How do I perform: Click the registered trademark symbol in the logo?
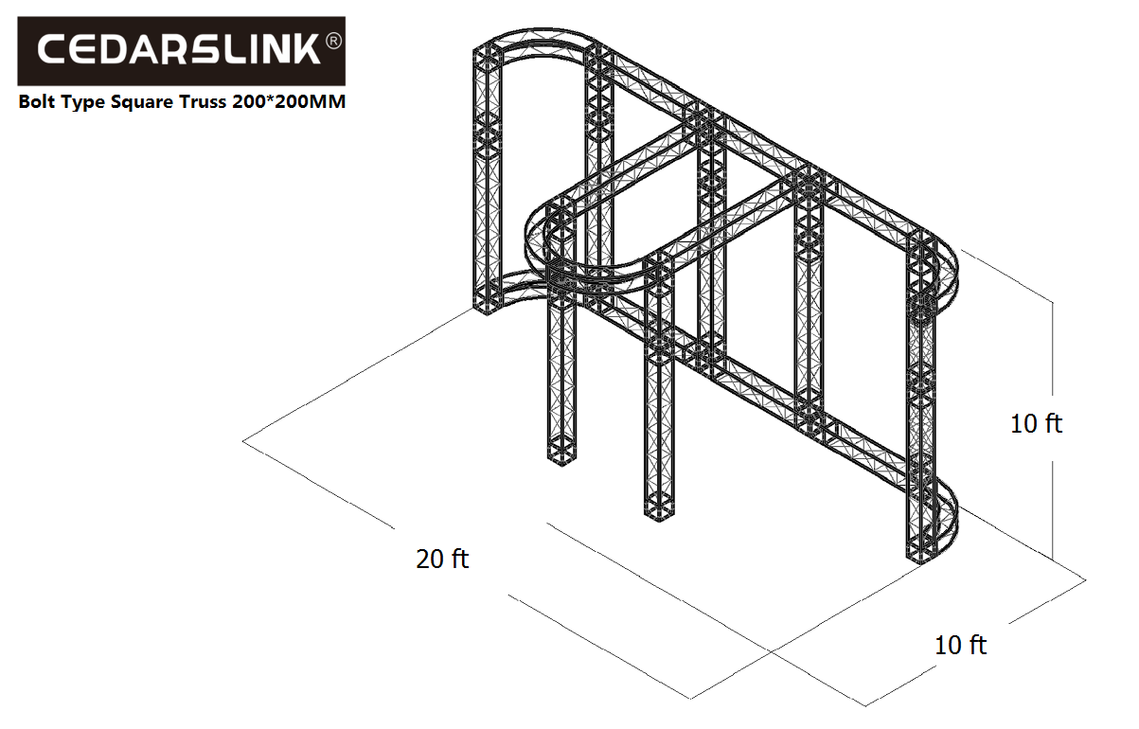(x=333, y=41)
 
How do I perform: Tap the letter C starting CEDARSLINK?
(x=53, y=49)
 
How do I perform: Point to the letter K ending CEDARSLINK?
(x=306, y=49)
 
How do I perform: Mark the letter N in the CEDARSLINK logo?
(x=272, y=49)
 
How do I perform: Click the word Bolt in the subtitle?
(x=36, y=101)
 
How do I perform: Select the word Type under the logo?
(x=83, y=103)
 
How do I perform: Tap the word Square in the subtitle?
(x=142, y=103)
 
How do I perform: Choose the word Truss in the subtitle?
(x=203, y=101)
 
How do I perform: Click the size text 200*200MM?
(x=289, y=101)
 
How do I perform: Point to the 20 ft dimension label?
(x=442, y=559)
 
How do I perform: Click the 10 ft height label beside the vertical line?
(x=1036, y=423)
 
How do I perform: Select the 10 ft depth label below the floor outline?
(x=960, y=645)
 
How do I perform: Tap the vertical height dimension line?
(x=1052, y=431)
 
